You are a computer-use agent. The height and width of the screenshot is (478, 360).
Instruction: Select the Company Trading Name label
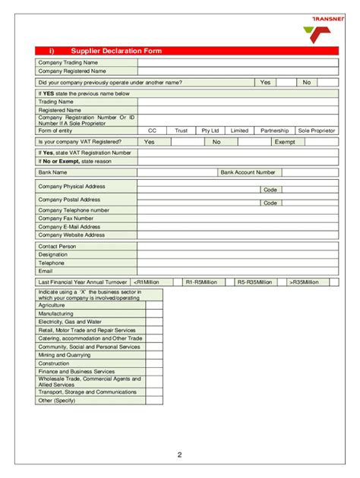pos(68,62)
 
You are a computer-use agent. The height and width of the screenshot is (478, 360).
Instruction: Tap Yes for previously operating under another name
pos(266,82)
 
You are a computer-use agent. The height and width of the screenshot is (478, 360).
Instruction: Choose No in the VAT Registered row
pos(216,141)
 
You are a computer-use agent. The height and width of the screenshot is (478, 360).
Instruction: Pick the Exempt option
pos(285,141)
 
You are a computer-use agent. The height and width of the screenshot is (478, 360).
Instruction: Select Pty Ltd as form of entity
pos(210,130)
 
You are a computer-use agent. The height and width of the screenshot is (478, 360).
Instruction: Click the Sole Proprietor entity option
pos(316,130)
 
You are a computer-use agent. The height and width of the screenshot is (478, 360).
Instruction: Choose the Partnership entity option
pos(275,130)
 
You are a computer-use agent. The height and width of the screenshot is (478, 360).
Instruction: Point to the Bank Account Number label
pos(248,172)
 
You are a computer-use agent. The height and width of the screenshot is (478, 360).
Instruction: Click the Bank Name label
pos(53,172)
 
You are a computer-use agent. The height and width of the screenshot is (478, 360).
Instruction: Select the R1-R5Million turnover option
pos(201,281)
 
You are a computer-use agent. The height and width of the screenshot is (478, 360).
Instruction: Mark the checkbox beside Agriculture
pos(154,305)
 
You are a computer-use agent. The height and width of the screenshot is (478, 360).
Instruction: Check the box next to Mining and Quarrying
pos(154,354)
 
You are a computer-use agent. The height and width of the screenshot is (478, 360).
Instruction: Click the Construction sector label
pos(54,363)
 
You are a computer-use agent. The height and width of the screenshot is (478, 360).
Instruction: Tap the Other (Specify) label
pos(57,400)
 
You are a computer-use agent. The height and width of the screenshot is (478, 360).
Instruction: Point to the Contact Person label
pos(58,246)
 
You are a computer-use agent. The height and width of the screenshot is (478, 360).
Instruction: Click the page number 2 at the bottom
pos(180,455)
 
